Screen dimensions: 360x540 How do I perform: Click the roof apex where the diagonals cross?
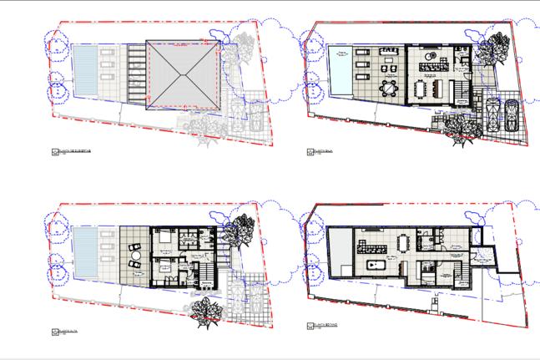(x=183, y=74)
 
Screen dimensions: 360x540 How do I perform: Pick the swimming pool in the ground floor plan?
(x=341, y=71)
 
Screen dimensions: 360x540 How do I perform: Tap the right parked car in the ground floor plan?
(x=511, y=115)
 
